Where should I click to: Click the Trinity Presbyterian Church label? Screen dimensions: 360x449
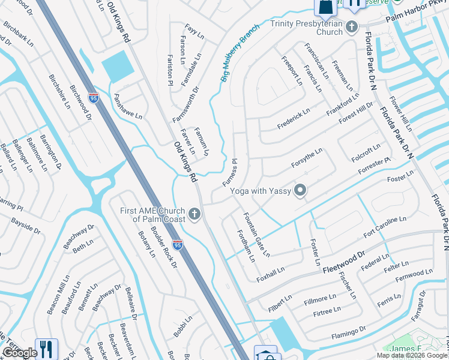pos(306,28)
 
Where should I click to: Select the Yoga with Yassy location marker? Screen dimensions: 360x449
pos(300,191)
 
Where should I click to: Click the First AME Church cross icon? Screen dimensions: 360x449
pos(193,214)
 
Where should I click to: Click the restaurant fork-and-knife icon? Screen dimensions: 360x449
pos(46,349)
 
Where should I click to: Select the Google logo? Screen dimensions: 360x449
pos(20,353)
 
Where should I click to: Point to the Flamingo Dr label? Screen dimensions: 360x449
pos(346,331)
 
